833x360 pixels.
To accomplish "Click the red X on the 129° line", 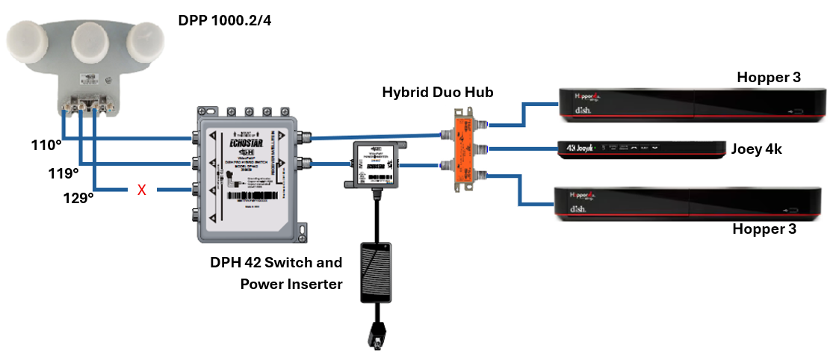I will click(x=140, y=190).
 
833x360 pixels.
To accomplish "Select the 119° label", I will click(x=64, y=173).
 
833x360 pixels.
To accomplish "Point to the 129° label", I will click(x=79, y=199).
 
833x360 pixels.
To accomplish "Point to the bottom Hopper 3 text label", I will click(x=767, y=229).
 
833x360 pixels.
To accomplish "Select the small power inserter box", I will click(x=370, y=161).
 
